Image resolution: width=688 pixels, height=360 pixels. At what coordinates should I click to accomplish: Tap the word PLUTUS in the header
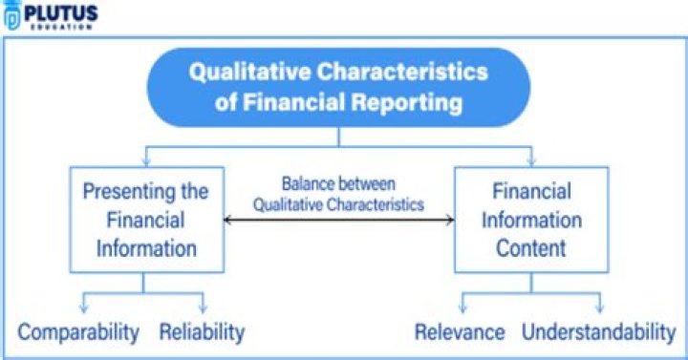pyautogui.click(x=60, y=12)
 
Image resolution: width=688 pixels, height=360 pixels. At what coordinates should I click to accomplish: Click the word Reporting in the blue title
pyautogui.click(x=408, y=101)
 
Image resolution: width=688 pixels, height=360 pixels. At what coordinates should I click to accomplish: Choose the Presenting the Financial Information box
pyautogui.click(x=145, y=220)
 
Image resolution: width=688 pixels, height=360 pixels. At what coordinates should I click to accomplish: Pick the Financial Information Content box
pyautogui.click(x=530, y=220)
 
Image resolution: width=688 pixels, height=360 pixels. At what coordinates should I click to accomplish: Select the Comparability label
pyautogui.click(x=79, y=332)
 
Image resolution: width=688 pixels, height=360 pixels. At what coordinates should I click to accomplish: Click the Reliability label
pyautogui.click(x=202, y=332)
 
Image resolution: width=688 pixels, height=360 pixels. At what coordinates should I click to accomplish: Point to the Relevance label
pyautogui.click(x=460, y=332)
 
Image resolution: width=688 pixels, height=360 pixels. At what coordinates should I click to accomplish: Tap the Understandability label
pyautogui.click(x=599, y=332)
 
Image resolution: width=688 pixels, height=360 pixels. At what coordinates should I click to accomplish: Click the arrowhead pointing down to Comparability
pyautogui.click(x=83, y=307)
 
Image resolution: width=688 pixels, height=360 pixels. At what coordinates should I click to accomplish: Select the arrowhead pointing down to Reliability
pyautogui.click(x=204, y=307)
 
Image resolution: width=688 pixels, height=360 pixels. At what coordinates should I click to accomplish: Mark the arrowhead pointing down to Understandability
pyautogui.click(x=601, y=307)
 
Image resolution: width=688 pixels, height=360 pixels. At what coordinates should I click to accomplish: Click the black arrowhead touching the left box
pyautogui.click(x=227, y=221)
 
